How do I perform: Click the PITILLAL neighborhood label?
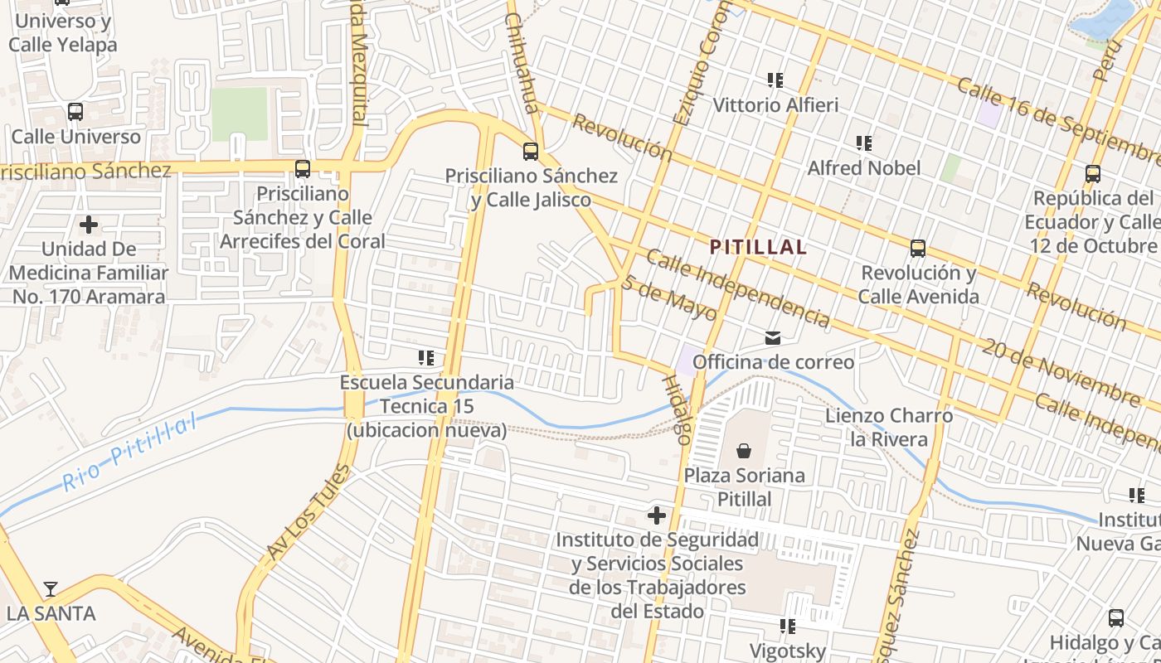[758, 247]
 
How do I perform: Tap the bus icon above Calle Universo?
[75, 111]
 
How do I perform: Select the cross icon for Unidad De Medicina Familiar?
[89, 225]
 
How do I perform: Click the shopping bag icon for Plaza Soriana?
[744, 451]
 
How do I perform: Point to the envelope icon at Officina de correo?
[773, 337]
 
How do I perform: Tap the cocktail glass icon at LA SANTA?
[51, 589]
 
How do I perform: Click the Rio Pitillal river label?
[130, 453]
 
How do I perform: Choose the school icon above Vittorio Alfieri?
[775, 80]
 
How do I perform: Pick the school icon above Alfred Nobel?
[864, 143]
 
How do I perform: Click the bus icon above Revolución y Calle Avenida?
[917, 248]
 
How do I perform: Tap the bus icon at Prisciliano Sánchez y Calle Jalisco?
[531, 152]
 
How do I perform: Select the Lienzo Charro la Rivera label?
[889, 427]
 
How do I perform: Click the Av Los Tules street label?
[309, 511]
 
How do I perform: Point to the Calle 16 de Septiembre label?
[1058, 121]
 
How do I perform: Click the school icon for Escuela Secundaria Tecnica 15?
[426, 358]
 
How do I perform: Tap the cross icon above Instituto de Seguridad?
[657, 515]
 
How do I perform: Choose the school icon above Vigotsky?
[787, 626]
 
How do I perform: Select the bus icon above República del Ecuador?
[1093, 174]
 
